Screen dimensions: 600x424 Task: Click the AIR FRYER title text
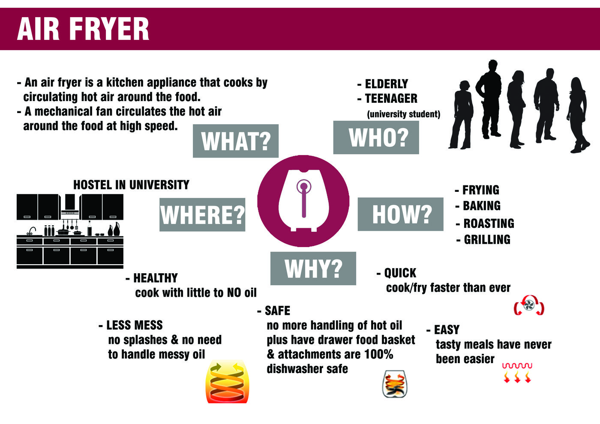pyautogui.click(x=83, y=29)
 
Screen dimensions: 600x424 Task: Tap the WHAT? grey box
pyautogui.click(x=236, y=141)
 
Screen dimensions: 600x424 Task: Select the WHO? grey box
pyautogui.click(x=376, y=137)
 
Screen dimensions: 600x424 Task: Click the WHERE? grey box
pyautogui.click(x=202, y=215)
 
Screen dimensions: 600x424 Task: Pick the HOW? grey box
pyautogui.click(x=400, y=214)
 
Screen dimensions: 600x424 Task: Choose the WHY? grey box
pyautogui.click(x=313, y=269)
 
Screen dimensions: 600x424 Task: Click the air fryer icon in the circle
pyautogui.click(x=303, y=201)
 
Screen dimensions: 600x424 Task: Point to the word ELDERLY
pyautogui.click(x=386, y=84)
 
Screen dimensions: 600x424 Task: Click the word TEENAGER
pyautogui.click(x=391, y=99)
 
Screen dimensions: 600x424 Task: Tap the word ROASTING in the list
pyautogui.click(x=489, y=223)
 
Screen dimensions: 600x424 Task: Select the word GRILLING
pyautogui.click(x=487, y=239)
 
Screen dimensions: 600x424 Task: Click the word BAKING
pyautogui.click(x=481, y=206)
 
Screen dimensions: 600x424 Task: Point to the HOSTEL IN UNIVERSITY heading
pyautogui.click(x=131, y=185)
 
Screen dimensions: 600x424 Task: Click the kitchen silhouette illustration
pyautogui.click(x=70, y=231)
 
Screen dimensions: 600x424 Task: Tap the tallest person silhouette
pyautogui.click(x=490, y=99)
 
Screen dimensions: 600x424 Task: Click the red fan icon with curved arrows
pyautogui.click(x=529, y=305)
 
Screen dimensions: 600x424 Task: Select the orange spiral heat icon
pyautogui.click(x=227, y=382)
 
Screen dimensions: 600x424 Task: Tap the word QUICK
pyautogui.click(x=400, y=273)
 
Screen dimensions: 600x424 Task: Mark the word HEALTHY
pyautogui.click(x=155, y=278)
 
